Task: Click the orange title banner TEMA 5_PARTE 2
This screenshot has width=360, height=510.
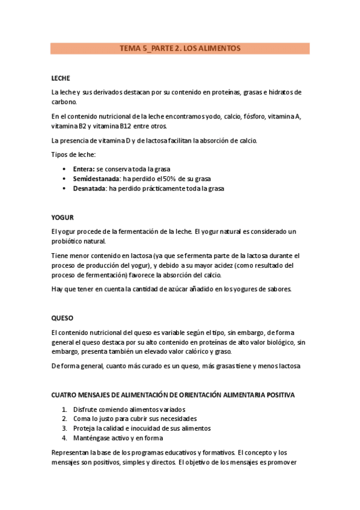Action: [x=180, y=48]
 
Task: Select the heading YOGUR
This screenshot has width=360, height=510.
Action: [x=63, y=217]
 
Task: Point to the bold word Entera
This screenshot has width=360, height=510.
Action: [x=83, y=170]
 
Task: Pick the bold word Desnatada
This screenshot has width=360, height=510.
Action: [x=90, y=189]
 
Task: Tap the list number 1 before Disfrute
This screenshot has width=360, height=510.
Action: [x=64, y=409]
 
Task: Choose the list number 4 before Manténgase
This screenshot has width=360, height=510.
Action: [x=64, y=438]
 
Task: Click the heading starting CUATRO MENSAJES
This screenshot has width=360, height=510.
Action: [x=173, y=395]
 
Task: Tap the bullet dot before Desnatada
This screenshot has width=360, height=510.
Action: [x=65, y=189]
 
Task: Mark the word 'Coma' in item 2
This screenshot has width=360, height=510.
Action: [x=82, y=419]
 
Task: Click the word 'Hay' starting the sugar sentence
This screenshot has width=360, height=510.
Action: [x=58, y=289]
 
